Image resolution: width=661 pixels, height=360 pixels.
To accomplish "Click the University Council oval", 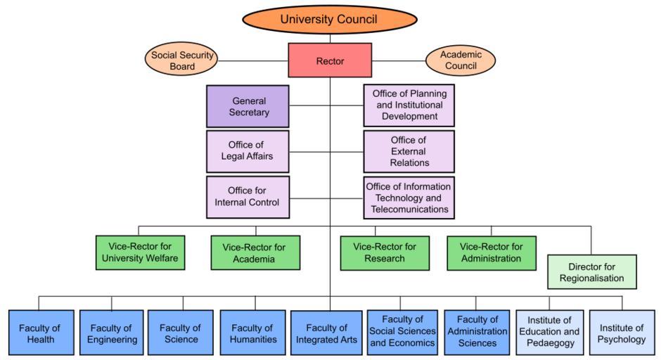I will [x=329, y=19].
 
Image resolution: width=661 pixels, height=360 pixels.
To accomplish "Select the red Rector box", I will [x=330, y=60].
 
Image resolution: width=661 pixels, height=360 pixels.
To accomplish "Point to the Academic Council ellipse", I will [x=460, y=60].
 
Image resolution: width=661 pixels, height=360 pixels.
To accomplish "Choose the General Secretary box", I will [x=248, y=106].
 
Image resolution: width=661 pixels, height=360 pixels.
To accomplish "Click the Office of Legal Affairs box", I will [x=248, y=150].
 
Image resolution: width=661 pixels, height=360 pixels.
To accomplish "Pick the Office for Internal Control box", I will [x=248, y=197].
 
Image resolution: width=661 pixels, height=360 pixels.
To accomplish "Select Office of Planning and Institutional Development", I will [x=409, y=105].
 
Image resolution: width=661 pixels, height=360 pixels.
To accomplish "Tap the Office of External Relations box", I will [x=409, y=151].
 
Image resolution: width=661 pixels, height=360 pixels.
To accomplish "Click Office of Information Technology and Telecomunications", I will [x=409, y=198].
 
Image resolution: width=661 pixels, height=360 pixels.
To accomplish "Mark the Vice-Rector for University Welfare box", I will [x=140, y=252].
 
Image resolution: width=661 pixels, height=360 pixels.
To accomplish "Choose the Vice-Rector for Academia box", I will [x=255, y=253].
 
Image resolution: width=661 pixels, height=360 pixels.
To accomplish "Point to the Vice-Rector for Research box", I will [x=385, y=252].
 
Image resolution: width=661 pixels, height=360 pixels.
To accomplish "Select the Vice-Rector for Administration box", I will [x=491, y=252].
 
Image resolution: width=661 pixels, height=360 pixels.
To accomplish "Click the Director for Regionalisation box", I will [x=591, y=272].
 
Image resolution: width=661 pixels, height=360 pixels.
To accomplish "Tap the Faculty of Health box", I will [x=40, y=333].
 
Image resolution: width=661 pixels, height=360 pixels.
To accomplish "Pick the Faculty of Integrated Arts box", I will [x=327, y=333].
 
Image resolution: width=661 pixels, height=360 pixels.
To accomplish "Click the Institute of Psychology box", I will [x=622, y=333].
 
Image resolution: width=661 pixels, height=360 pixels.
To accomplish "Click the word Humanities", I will [x=252, y=340].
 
